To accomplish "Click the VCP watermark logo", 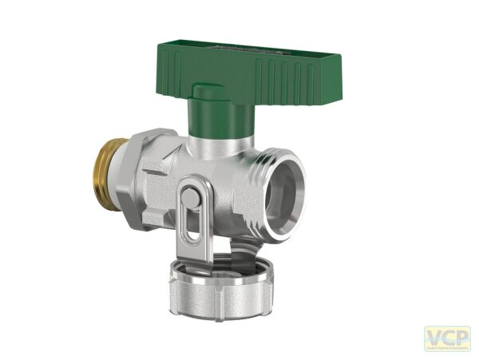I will pos(446,338).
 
